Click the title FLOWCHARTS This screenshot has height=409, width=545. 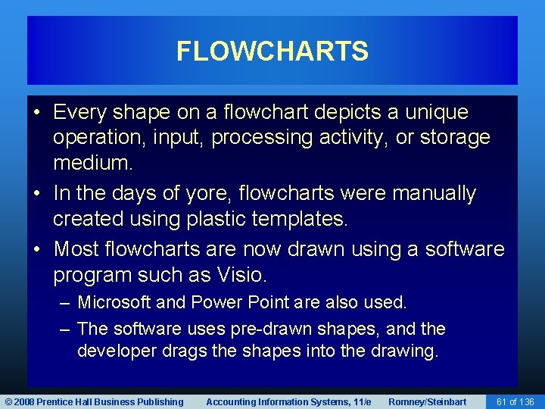click(x=272, y=52)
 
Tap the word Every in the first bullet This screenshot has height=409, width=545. click(x=81, y=113)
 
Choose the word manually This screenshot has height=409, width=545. click(x=434, y=194)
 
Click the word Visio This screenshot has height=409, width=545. click(x=243, y=274)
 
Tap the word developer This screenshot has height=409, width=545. click(x=115, y=352)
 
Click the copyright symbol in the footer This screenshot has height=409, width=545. click(x=8, y=401)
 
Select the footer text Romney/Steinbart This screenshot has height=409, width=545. click(x=427, y=401)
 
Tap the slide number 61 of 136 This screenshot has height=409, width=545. click(x=515, y=401)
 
